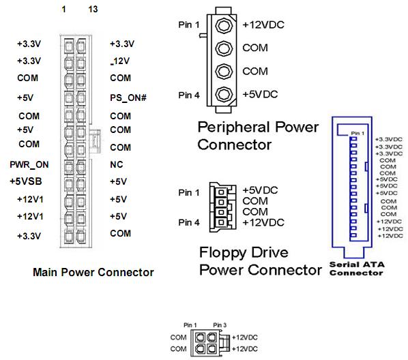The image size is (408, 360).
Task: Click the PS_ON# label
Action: (128, 97)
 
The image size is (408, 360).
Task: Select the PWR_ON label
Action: (29, 164)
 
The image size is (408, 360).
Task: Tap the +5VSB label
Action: (26, 181)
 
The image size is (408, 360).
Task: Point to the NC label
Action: (116, 164)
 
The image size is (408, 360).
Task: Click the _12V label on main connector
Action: (119, 61)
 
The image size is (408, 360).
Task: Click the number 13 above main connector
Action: (93, 10)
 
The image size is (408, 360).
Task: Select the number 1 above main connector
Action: (63, 10)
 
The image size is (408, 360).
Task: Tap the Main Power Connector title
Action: (93, 272)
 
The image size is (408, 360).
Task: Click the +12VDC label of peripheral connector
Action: (263, 25)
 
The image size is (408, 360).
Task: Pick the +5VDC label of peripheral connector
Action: (260, 94)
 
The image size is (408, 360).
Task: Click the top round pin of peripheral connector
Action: (224, 25)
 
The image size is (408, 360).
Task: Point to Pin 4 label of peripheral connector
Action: (189, 95)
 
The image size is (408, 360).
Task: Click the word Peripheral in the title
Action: (234, 127)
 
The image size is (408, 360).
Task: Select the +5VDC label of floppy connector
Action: (260, 190)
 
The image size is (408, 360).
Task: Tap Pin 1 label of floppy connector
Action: (189, 193)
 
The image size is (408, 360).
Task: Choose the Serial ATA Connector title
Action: (357, 269)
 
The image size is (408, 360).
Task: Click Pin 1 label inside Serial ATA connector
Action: (358, 133)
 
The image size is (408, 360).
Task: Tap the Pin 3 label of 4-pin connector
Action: (220, 325)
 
